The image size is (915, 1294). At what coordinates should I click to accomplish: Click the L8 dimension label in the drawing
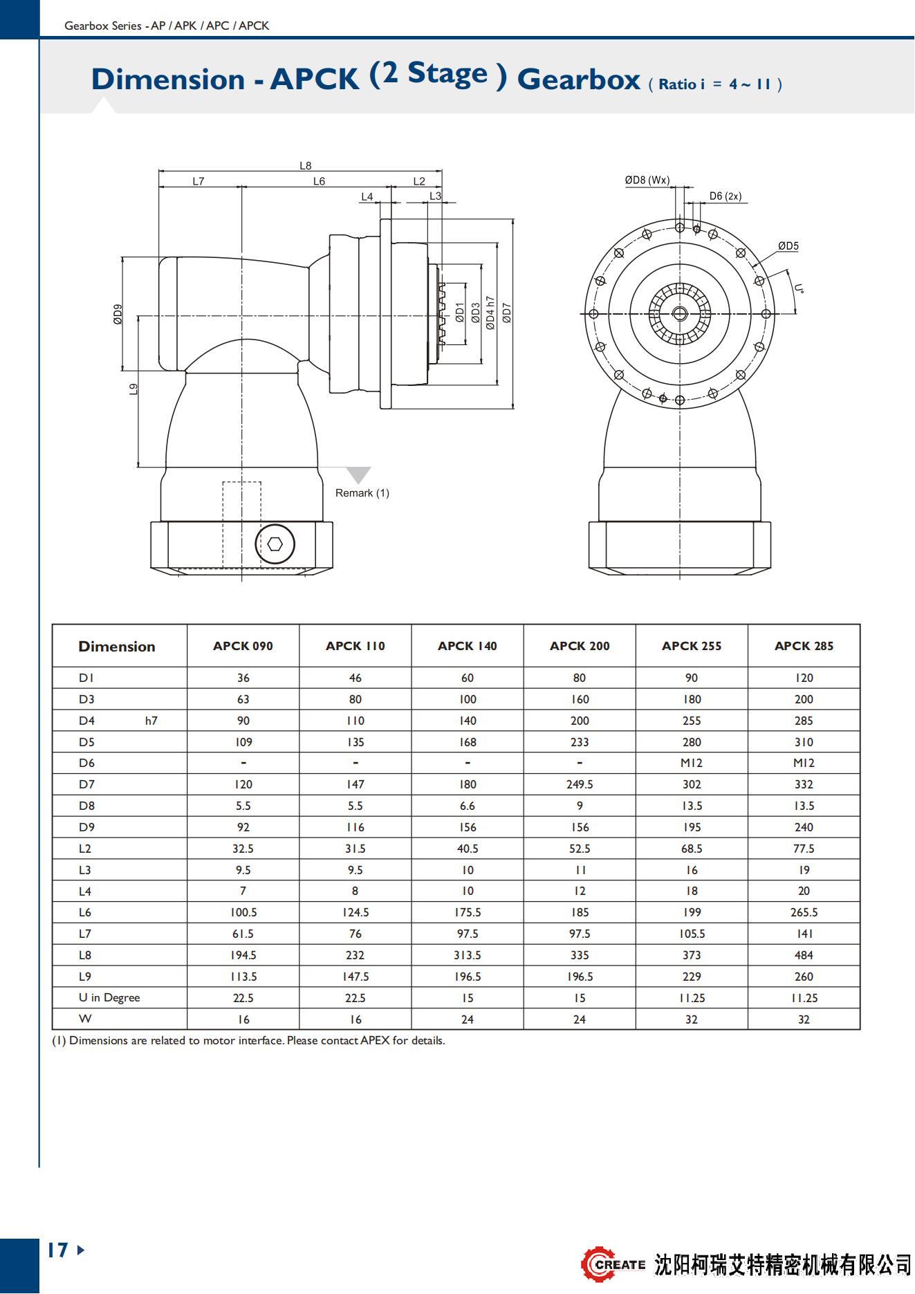coord(305,166)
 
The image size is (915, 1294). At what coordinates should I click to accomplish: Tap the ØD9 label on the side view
coord(118,314)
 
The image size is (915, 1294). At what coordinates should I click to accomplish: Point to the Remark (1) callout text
coord(362,493)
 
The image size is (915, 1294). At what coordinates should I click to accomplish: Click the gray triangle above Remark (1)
coord(358,474)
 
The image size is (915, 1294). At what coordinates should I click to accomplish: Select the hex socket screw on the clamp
coord(275,544)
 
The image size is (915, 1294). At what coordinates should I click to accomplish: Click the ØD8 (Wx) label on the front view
coord(647,181)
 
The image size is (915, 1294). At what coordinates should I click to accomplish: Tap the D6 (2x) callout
coord(725,196)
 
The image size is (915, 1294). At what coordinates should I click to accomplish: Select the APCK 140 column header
coord(467,646)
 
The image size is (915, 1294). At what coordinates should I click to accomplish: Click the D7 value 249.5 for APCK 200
coord(580,784)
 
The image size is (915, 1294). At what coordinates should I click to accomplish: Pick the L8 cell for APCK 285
coord(804,955)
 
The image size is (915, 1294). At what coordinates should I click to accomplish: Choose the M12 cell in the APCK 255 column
coord(692,763)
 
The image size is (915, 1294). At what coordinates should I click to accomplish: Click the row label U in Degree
coord(109,997)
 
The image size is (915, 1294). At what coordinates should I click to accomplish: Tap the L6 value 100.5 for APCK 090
coord(243,912)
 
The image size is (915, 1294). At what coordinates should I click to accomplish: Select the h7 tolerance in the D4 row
coord(151,721)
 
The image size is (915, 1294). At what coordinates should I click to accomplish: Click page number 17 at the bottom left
coord(58,1250)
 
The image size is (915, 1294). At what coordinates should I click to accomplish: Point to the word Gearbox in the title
coord(578,80)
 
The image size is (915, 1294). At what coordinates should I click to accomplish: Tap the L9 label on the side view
coord(133,389)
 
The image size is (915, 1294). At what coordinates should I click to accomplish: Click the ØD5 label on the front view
coord(788,246)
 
